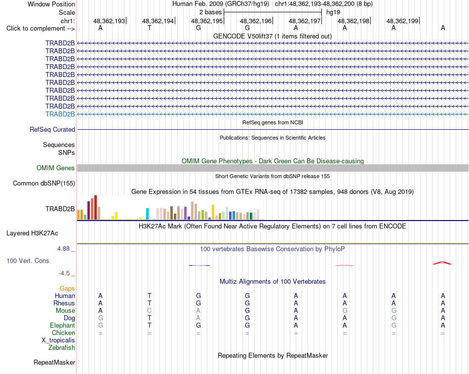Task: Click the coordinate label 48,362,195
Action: pyautogui.click(x=207, y=21)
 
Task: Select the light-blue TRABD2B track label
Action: pyautogui.click(x=60, y=114)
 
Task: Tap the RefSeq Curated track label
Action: pyautogui.click(x=52, y=129)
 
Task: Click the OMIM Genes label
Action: pyautogui.click(x=56, y=168)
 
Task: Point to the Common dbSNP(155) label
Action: pyautogui.click(x=44, y=183)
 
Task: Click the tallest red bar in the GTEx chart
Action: pyautogui.click(x=95, y=208)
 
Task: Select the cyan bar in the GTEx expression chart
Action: pyautogui.click(x=147, y=214)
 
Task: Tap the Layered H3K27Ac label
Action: pyautogui.click(x=32, y=233)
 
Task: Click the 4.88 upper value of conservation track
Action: pyautogui.click(x=63, y=249)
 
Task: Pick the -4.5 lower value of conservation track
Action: pyautogui.click(x=64, y=273)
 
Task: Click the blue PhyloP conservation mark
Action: pyautogui.click(x=199, y=265)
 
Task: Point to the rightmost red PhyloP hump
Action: pyautogui.click(x=442, y=263)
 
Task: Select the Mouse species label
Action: pyautogui.click(x=65, y=311)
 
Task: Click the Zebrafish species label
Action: pyautogui.click(x=62, y=348)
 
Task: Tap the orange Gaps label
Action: pyautogui.click(x=67, y=289)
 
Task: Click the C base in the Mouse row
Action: pyautogui.click(x=149, y=311)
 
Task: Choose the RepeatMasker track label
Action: pyautogui.click(x=54, y=363)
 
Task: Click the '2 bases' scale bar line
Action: pyautogui.click(x=273, y=12)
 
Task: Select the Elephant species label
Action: pyautogui.click(x=63, y=326)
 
